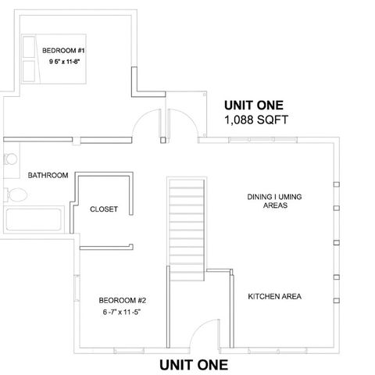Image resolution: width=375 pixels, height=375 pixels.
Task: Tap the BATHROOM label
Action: point(48,175)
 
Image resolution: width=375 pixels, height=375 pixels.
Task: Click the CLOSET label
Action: point(104,209)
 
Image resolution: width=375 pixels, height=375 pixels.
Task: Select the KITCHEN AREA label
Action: point(274,297)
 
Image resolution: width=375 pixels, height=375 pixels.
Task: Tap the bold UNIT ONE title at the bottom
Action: point(194,364)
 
